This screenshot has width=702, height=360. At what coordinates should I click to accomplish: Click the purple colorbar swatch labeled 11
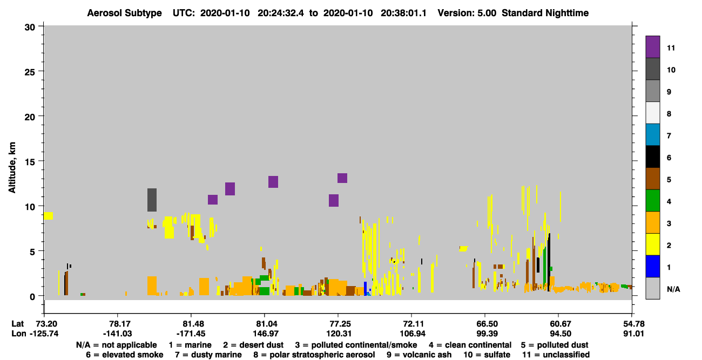(652, 47)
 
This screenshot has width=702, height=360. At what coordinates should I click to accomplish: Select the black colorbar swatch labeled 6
(652, 157)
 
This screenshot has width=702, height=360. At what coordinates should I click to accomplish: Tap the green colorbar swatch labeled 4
(652, 201)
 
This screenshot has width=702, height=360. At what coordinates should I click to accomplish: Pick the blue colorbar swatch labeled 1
(652, 266)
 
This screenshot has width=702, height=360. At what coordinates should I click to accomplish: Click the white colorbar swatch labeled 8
(652, 113)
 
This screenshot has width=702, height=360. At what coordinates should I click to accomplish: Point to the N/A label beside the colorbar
(673, 289)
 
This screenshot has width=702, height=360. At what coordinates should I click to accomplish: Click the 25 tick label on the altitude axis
(30, 72)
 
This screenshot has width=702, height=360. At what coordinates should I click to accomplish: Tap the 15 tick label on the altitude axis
(30, 162)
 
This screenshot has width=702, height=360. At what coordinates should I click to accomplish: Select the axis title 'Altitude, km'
(12, 168)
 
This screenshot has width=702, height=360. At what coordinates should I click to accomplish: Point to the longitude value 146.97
(265, 334)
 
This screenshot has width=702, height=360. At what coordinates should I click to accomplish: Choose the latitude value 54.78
(633, 324)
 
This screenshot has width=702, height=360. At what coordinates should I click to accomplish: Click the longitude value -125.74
(44, 334)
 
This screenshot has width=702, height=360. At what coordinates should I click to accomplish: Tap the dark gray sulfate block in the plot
(152, 200)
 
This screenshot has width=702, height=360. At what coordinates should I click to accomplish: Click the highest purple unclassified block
(342, 178)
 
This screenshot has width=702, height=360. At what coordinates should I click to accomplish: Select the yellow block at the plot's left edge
(48, 216)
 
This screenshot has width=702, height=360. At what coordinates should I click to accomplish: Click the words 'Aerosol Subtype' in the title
(124, 13)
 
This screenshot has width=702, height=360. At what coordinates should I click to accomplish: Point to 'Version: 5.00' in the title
(467, 13)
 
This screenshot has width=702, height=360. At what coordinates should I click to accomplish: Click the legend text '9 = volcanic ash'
(419, 355)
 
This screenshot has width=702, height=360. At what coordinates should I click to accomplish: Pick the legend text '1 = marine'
(190, 345)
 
